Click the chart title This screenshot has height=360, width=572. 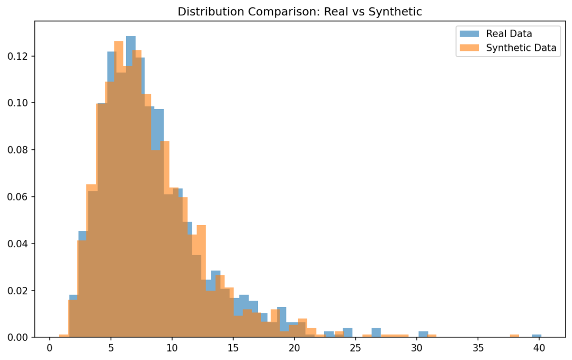click(x=299, y=12)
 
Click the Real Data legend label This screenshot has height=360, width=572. click(x=509, y=33)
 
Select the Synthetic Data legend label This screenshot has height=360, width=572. click(x=521, y=48)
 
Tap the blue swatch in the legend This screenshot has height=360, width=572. click(x=469, y=33)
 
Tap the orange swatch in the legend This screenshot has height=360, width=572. click(x=469, y=48)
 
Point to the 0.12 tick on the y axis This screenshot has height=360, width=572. click(x=17, y=56)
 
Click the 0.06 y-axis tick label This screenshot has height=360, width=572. click(x=17, y=197)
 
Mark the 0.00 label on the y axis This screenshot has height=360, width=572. click(x=17, y=337)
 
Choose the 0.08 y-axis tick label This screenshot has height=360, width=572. click(x=17, y=150)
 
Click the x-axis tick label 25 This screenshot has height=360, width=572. click(x=355, y=348)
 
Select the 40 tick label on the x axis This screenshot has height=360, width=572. click(x=539, y=348)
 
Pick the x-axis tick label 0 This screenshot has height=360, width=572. click(x=50, y=348)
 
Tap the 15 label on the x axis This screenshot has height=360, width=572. click(x=233, y=348)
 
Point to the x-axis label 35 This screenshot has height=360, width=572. click(x=478, y=348)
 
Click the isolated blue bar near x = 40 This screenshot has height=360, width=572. click(x=537, y=336)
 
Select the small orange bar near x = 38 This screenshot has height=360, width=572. click(x=514, y=336)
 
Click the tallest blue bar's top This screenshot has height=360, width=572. click(x=131, y=37)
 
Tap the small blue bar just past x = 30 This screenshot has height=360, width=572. click(x=423, y=334)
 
